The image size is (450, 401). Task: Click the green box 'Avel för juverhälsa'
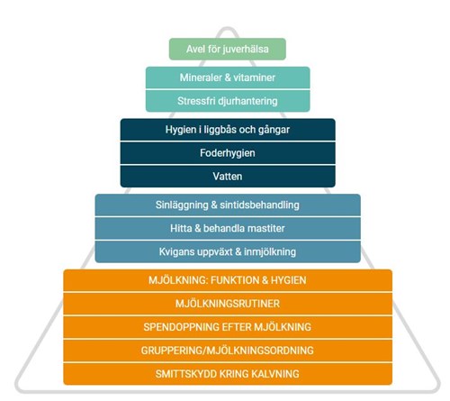(228, 49)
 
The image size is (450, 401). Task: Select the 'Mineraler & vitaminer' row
(228, 77)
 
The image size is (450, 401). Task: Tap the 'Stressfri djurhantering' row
(228, 101)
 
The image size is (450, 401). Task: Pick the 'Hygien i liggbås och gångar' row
(228, 130)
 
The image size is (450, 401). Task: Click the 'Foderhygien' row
(228, 153)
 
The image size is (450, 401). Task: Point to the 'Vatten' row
(228, 177)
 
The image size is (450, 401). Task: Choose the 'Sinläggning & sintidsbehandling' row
(228, 205)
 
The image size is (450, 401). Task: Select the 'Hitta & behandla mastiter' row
(228, 228)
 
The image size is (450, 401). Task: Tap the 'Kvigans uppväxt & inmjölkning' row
(228, 251)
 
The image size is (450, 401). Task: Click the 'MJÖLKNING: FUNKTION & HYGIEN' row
(228, 280)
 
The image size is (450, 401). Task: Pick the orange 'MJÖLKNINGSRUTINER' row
(228, 304)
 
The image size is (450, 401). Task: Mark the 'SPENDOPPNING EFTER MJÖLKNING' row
(228, 327)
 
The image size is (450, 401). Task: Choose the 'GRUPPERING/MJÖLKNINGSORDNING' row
(228, 351)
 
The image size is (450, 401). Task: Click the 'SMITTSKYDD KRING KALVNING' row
(228, 374)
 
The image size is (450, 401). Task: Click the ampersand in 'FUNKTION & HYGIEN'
(265, 280)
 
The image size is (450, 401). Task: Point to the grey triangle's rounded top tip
(228, 29)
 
